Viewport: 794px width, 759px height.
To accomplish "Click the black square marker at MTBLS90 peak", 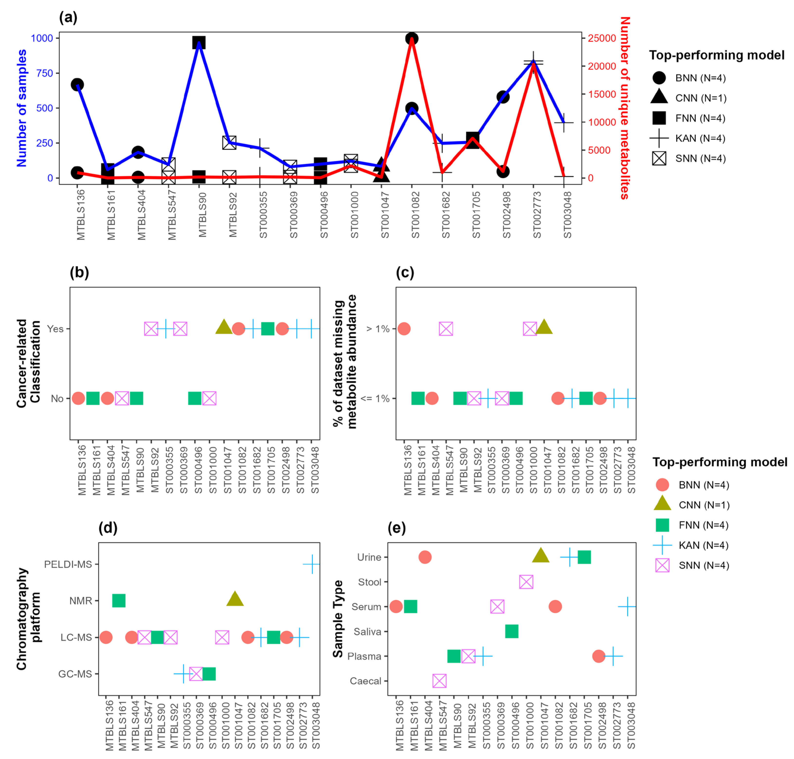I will (198, 43).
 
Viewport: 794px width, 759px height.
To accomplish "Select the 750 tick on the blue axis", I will (45, 73).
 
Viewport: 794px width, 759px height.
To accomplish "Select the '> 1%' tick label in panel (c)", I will (377, 329).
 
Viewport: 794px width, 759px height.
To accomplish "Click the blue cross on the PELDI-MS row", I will (312, 564).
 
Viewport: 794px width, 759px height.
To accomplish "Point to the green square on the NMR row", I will (119, 600).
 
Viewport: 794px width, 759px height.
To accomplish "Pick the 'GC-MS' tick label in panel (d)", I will (75, 674).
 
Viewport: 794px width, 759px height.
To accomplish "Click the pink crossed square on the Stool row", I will (526, 582).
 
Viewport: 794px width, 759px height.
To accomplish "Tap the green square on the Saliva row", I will (512, 631).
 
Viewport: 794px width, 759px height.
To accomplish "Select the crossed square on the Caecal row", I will (439, 681).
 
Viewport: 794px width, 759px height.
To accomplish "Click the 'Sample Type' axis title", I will (338, 619).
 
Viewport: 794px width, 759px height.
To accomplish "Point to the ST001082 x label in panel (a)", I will (415, 214).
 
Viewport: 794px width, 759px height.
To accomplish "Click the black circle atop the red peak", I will (411, 38).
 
